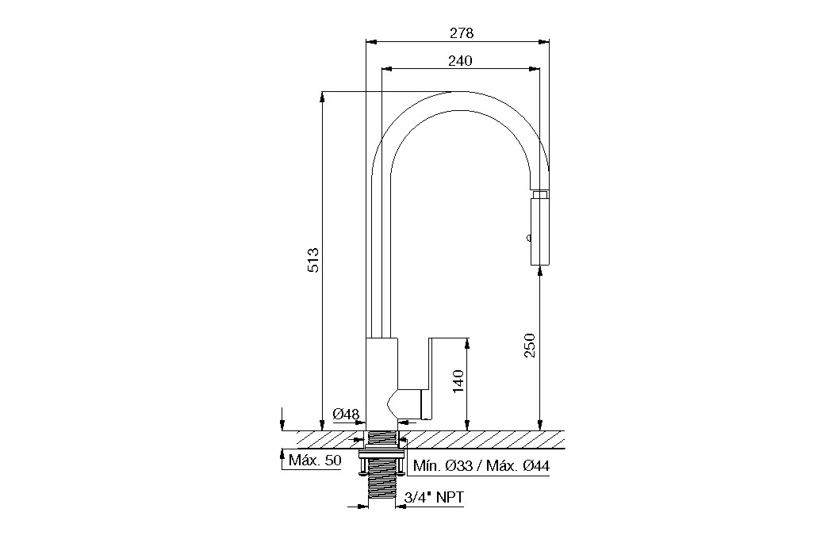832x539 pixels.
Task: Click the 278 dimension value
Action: [461, 32]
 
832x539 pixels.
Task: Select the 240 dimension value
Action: [460, 61]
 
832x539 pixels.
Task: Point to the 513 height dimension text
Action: [313, 260]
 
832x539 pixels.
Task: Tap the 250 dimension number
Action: [530, 345]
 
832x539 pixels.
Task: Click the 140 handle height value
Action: [458, 381]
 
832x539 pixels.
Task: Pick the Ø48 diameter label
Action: [347, 414]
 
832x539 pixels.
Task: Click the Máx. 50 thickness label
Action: [315, 460]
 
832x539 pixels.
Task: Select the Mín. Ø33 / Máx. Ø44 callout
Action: [481, 466]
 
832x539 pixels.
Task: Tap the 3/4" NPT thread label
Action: [434, 498]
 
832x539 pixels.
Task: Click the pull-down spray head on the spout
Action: [540, 228]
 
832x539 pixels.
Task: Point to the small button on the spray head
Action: [528, 238]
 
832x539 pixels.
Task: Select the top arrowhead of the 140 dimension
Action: [467, 343]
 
